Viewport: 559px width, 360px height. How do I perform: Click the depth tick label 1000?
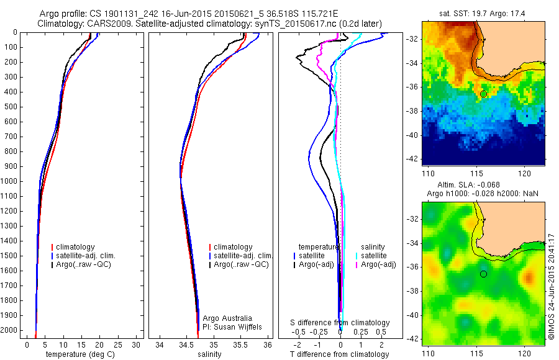tap(10, 181)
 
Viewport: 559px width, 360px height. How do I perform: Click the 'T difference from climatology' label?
tap(340, 354)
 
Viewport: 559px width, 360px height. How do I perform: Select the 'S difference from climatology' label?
tap(340, 323)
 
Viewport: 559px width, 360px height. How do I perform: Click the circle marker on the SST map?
tap(484, 94)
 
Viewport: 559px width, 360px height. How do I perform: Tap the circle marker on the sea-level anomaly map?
tap(484, 274)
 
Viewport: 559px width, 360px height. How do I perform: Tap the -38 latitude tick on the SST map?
tap(412, 110)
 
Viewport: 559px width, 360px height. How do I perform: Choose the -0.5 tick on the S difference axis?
tap(300, 332)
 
